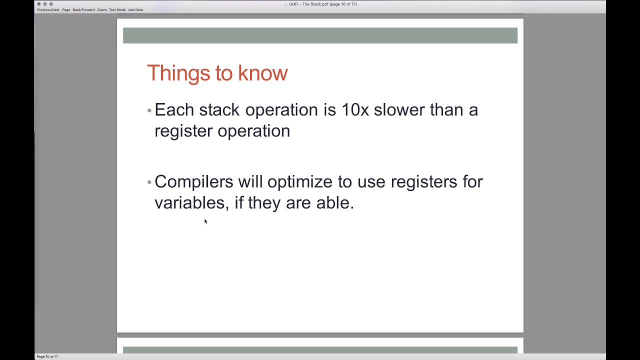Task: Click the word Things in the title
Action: click(178, 73)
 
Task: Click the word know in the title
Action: click(262, 73)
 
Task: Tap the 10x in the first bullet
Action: click(354, 110)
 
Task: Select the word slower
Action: click(399, 110)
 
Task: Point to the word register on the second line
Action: click(183, 131)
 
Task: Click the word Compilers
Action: click(193, 182)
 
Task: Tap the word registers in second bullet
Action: click(423, 182)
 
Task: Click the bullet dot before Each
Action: click(149, 110)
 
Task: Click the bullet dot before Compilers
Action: click(149, 182)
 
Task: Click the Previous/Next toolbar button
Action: click(48, 10)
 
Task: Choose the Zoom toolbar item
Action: click(102, 10)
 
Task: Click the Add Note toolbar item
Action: click(135, 10)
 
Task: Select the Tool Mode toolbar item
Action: click(117, 10)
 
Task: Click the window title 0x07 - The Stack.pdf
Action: click(322, 4)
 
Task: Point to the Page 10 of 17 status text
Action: click(47, 356)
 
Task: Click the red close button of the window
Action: click(39, 4)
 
